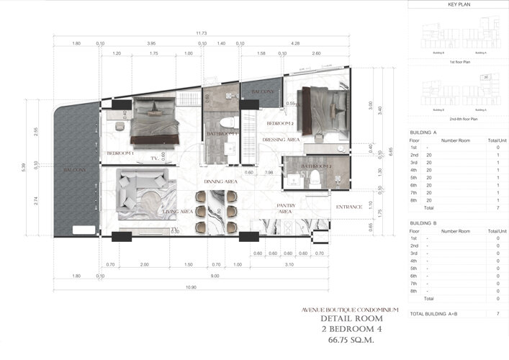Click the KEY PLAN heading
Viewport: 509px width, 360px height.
pos(458,4)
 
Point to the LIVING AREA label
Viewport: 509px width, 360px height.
pos(177,212)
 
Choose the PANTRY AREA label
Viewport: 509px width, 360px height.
pos(287,209)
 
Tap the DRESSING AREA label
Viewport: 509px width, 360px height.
pos(280,140)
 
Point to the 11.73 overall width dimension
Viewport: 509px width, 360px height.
pos(202,33)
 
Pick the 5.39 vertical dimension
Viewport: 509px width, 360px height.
pos(24,168)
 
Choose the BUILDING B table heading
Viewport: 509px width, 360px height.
pos(423,224)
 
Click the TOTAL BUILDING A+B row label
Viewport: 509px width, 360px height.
pos(439,315)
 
